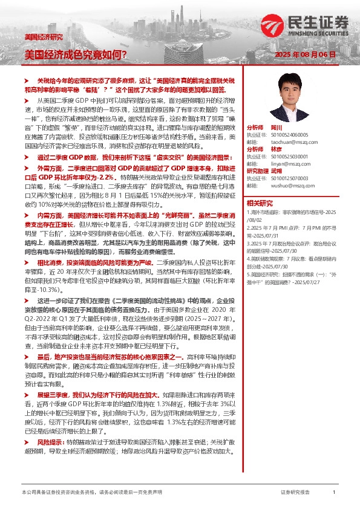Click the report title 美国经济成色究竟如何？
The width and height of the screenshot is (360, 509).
point(75,54)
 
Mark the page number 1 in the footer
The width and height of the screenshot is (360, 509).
point(334,493)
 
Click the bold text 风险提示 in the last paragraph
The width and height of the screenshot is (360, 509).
point(50,451)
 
